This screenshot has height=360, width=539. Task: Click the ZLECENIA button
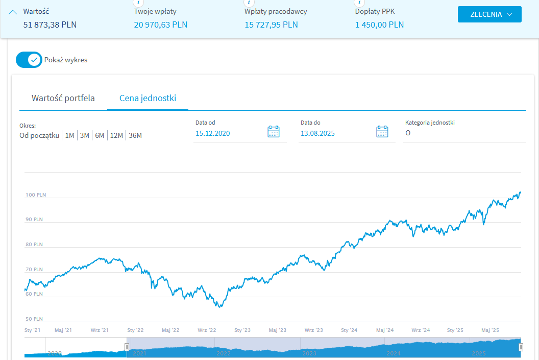pos(489,14)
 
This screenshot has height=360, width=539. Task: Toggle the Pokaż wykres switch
pos(29,60)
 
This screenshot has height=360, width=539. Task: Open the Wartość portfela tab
pos(63,98)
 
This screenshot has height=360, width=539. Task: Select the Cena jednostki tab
pos(148,98)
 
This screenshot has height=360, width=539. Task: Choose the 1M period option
pos(70,135)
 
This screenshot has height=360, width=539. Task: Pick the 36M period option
pos(135,135)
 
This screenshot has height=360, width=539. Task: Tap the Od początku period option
pos(39,135)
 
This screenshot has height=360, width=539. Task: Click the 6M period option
pos(100,135)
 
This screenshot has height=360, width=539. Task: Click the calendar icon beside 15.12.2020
pos(274,132)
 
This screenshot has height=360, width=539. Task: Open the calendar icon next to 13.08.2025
pos(382,132)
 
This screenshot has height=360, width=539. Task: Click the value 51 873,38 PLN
pos(50,25)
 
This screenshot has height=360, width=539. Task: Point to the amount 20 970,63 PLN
pos(161,25)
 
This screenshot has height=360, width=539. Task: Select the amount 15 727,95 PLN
pos(271,25)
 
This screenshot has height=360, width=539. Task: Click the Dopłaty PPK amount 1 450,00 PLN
pos(379,25)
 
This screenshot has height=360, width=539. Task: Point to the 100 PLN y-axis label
pos(36,195)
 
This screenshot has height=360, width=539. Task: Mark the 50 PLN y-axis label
pos(34,319)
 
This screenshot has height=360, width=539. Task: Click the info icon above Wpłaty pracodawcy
pos(249,3)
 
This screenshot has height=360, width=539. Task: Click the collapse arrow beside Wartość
pos(13,12)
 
